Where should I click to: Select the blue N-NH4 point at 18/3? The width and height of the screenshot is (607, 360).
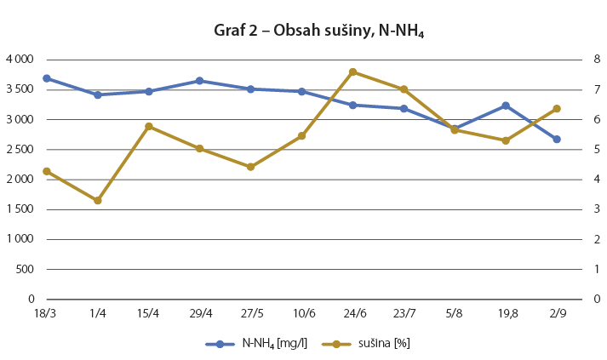coord(47,78)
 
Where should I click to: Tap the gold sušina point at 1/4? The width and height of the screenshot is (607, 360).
coord(98,201)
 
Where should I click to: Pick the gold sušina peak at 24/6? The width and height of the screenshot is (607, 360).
coord(352,72)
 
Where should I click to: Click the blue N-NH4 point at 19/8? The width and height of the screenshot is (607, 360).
coord(506,106)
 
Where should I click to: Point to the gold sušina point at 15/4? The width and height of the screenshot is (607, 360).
coord(149,127)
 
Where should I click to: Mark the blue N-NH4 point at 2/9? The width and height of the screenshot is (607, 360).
coord(557,140)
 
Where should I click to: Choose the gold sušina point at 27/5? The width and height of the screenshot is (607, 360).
coord(250,167)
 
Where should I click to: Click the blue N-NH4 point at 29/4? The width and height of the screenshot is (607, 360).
coord(199,81)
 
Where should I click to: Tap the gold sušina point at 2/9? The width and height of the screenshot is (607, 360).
coord(557,109)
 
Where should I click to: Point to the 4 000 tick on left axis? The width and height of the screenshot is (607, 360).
coord(18,60)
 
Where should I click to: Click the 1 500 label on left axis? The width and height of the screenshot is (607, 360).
coord(18,209)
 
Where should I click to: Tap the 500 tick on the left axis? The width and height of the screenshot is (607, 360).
coord(23,269)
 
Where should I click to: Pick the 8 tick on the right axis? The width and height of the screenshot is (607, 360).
coord(597,60)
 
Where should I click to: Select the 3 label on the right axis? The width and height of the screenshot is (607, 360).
coord(597,209)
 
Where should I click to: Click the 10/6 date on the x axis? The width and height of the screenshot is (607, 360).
coord(301,313)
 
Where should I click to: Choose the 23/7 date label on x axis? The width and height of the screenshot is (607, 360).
coord(404,313)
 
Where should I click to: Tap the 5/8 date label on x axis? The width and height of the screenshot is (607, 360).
coord(455,313)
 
